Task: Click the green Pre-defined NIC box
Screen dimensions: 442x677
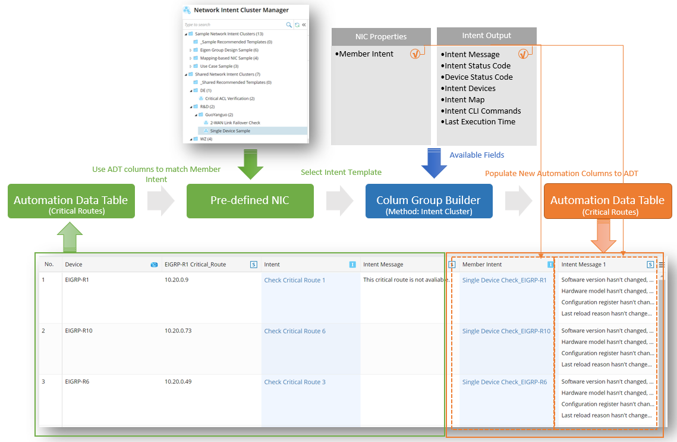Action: coord(250,201)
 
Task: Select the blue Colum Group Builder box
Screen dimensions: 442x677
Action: coord(429,201)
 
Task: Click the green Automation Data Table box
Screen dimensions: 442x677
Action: coord(71,201)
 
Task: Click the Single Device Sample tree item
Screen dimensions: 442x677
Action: coord(230,131)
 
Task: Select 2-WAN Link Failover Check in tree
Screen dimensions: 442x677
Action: coord(235,123)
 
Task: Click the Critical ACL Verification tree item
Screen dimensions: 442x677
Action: coord(229,98)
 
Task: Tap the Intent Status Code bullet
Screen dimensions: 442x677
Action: coord(477,65)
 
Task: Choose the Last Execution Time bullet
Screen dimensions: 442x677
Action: coord(480,122)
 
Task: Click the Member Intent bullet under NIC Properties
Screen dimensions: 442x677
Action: coord(366,54)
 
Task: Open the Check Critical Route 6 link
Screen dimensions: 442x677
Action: coord(295,331)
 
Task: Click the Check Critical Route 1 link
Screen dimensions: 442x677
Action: coord(295,280)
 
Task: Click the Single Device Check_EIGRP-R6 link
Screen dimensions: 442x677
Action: coord(504,382)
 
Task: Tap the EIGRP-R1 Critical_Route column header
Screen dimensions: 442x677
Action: coord(195,265)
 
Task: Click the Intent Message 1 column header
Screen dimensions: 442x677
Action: coord(584,265)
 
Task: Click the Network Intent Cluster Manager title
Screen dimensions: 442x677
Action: coord(241,10)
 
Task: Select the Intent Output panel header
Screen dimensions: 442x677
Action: coord(486,36)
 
